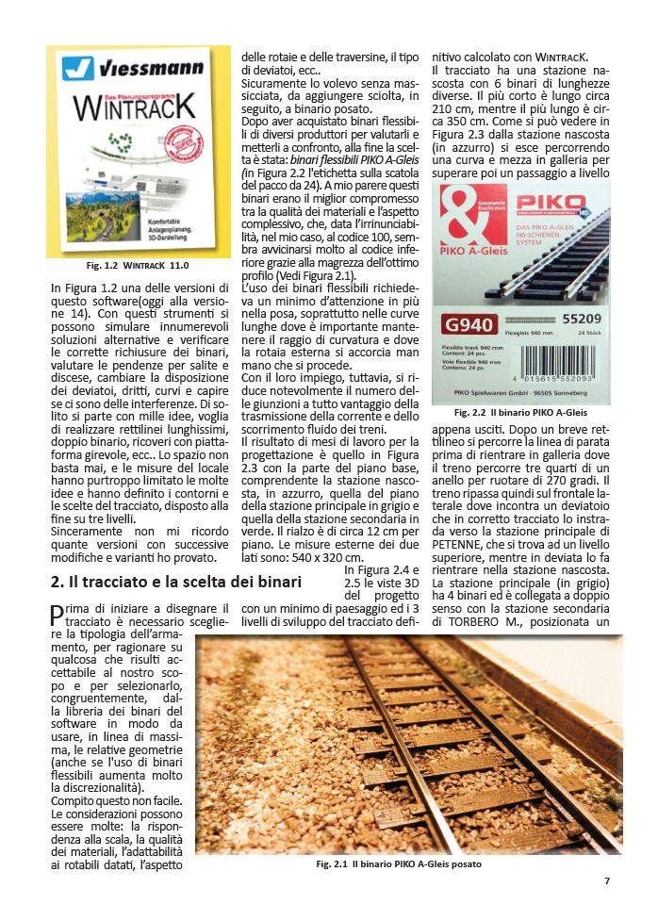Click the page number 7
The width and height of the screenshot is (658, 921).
(607, 880)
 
